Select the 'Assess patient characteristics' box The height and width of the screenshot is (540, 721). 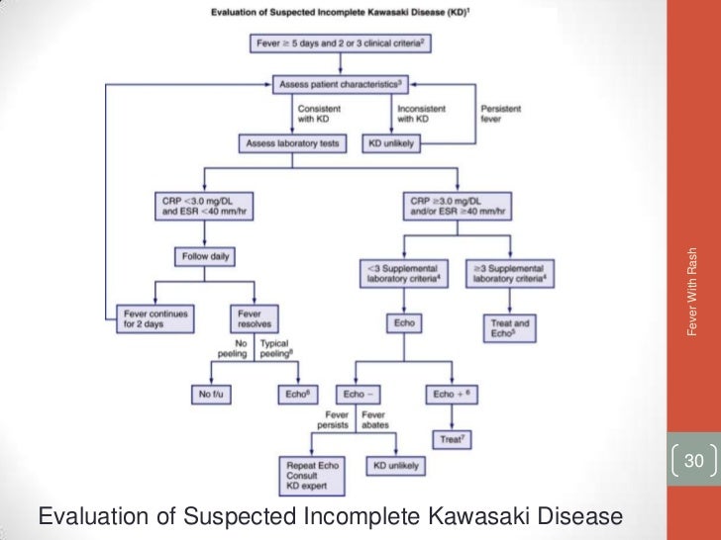[x=342, y=86]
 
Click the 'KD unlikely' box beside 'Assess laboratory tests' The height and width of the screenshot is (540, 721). [x=391, y=143]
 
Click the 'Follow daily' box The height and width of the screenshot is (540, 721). [x=205, y=257]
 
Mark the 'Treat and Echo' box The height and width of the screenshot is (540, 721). [x=509, y=327]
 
